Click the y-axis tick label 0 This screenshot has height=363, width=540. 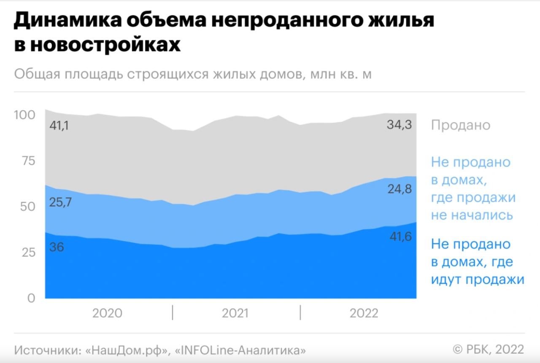coord(31,298)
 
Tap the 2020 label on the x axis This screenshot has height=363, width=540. coord(107,313)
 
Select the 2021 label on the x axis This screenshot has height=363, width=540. coord(235,313)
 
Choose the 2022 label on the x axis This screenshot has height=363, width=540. coord(364,313)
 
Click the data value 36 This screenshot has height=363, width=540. coord(57,247)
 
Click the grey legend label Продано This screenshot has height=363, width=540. coord(461,125)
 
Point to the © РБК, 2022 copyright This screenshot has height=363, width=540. coord(488,349)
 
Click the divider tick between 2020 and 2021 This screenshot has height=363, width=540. coord(173,313)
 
